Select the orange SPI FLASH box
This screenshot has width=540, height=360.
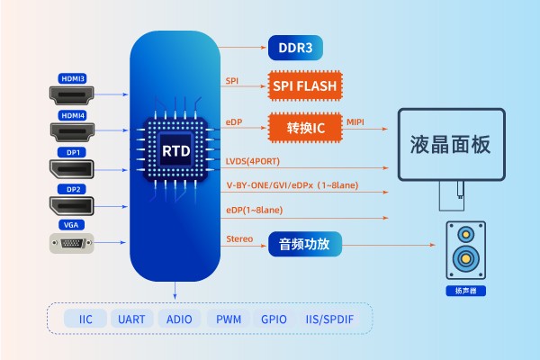(x=306, y=85)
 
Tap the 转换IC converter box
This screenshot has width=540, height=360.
(x=306, y=126)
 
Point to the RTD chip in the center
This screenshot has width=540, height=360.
(x=175, y=148)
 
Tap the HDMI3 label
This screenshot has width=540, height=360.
(x=72, y=78)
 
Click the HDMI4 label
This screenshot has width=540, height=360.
(x=72, y=115)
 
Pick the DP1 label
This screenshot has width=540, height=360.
(x=72, y=152)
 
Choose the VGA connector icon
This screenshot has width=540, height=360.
(x=72, y=242)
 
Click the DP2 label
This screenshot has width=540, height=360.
(x=72, y=189)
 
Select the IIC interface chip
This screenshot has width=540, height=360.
(x=86, y=319)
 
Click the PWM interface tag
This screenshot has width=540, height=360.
(x=226, y=319)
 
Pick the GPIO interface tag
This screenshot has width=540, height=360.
(x=273, y=319)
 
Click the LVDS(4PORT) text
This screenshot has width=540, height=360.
(x=254, y=161)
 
